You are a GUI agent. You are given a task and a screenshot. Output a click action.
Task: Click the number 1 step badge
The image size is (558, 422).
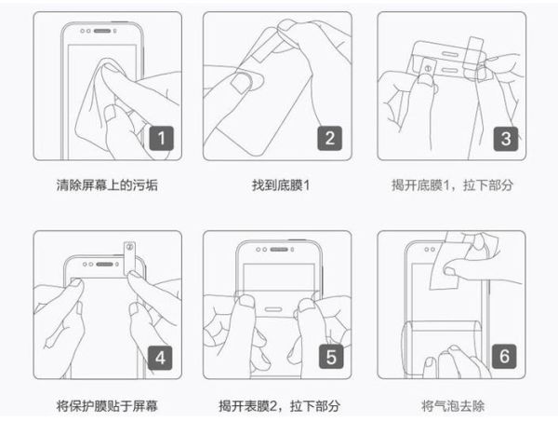tap(162, 138)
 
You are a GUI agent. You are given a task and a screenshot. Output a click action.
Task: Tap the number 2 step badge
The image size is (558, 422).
tap(330, 138)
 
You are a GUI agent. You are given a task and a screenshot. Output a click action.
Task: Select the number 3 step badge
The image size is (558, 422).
tap(506, 139)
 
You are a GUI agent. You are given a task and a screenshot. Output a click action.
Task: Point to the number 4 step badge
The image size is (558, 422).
tap(160, 358)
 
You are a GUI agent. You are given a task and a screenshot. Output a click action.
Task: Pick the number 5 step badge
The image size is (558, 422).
tap(331, 357)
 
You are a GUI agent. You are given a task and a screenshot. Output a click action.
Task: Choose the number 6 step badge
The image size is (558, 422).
tap(504, 356)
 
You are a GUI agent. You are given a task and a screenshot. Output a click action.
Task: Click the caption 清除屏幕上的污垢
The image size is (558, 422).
tap(107, 185)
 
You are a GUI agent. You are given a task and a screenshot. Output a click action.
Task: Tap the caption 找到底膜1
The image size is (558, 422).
tap(281, 185)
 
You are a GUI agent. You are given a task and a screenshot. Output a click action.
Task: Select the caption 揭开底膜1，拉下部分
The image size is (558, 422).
tap(452, 185)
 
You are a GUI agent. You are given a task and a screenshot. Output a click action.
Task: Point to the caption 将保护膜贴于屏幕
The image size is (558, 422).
tap(107, 406)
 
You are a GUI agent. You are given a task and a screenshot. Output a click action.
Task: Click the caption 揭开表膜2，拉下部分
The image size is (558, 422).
tap(279, 406)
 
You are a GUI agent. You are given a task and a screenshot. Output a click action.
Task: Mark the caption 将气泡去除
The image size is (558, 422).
tap(453, 406)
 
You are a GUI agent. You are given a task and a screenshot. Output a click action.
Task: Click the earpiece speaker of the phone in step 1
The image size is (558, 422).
tap(102, 31)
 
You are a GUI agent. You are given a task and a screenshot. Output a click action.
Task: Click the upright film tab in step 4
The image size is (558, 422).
tap(129, 258)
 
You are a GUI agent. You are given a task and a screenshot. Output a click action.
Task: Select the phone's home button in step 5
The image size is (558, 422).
tap(272, 309)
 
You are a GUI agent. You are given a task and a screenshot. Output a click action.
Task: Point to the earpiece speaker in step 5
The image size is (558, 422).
tap(279, 249)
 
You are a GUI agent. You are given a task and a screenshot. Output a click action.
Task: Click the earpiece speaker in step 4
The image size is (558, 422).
tap(104, 265)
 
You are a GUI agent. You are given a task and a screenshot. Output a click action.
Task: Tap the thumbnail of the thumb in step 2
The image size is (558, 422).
tap(242, 82)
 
